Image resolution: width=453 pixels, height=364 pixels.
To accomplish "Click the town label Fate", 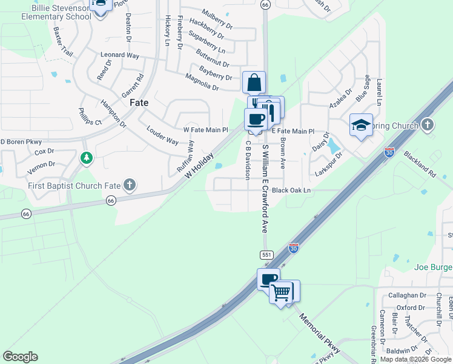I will tap(139, 103).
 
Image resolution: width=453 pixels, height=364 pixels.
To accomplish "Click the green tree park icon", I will tap(87, 158).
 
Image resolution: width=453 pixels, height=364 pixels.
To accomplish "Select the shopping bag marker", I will tap(254, 83).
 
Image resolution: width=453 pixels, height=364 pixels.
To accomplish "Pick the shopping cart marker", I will tap(281, 292).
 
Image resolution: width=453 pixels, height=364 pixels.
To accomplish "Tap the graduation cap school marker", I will tap(361, 126).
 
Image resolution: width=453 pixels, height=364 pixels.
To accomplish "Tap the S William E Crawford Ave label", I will tap(265, 189).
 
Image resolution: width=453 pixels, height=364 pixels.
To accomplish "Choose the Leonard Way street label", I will tap(120, 55).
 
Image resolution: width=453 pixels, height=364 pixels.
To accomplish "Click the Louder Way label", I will tap(162, 135).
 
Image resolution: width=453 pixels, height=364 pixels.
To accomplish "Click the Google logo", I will tap(20, 357).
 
